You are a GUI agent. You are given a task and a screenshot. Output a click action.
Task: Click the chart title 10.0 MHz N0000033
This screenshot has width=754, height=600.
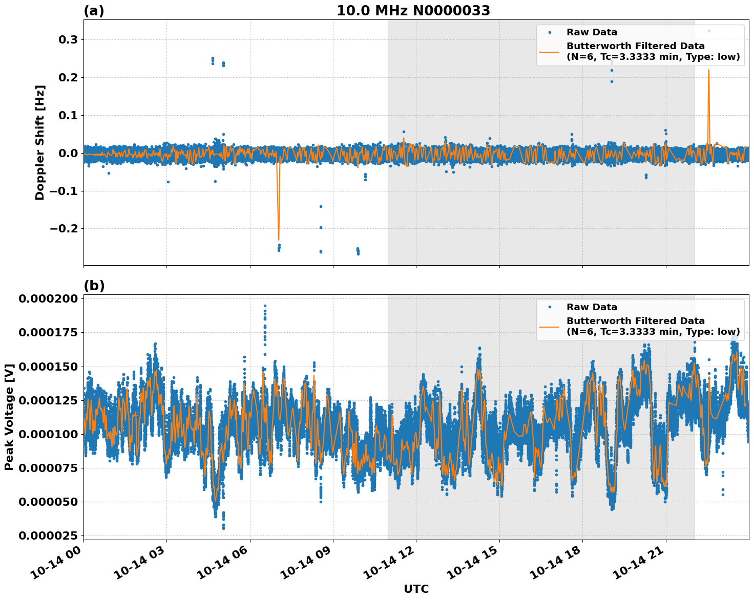tap(413, 11)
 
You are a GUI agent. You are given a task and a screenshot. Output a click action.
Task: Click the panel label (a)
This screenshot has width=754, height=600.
tap(94, 11)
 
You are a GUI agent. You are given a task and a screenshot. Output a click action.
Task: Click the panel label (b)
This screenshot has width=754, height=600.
tap(94, 286)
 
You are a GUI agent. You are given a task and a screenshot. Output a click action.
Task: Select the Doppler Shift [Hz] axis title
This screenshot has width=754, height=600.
tap(40, 142)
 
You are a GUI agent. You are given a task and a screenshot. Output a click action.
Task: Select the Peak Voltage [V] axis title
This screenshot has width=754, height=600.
tap(9, 417)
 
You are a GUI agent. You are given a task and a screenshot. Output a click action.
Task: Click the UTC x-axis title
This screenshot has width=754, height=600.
tap(416, 589)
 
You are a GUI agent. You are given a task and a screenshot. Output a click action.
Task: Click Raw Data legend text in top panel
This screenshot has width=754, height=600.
tap(592, 32)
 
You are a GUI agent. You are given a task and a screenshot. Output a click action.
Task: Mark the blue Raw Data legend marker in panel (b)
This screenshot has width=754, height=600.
tap(550, 307)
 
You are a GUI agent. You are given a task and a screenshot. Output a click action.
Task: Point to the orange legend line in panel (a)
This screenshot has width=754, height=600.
tap(550, 51)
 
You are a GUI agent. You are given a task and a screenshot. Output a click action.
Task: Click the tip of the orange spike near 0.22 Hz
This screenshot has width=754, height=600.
tap(708, 70)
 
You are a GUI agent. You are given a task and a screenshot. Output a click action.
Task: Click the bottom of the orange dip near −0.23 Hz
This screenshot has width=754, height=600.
tap(279, 240)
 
